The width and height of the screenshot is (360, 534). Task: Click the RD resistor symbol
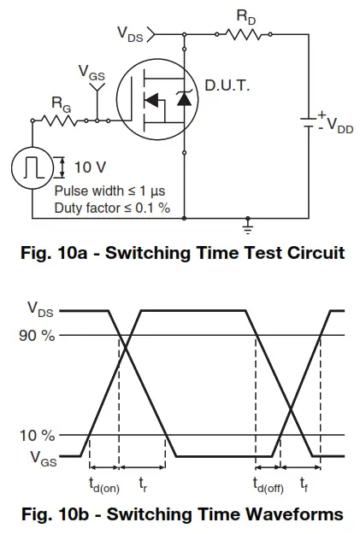click(245, 34)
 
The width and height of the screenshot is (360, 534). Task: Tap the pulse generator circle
click(32, 167)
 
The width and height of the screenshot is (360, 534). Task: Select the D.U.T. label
click(228, 85)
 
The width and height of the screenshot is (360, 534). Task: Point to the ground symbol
click(249, 227)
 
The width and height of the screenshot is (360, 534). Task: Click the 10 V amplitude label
click(90, 167)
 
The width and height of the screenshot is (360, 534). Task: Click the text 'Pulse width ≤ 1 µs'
click(109, 191)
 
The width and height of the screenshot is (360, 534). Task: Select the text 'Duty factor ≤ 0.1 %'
click(112, 208)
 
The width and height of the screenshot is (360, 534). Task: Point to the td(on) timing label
click(104, 484)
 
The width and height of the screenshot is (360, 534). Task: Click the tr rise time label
click(143, 484)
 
